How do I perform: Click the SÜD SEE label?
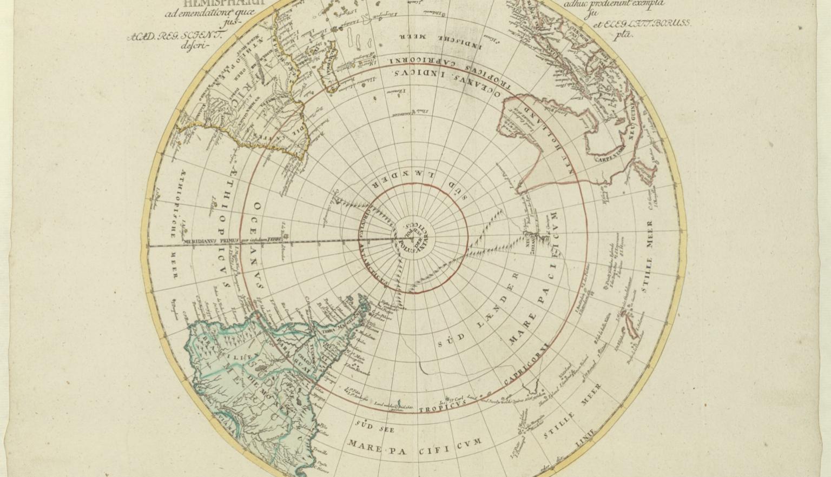(373, 427)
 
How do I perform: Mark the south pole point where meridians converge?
(412, 237)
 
